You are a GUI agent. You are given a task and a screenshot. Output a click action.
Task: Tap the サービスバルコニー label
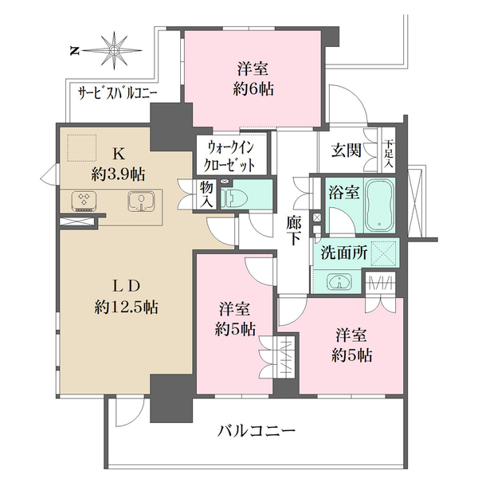(x=117, y=92)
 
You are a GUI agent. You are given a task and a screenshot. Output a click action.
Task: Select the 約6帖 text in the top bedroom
(x=254, y=89)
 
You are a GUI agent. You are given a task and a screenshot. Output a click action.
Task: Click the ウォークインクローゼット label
(x=231, y=155)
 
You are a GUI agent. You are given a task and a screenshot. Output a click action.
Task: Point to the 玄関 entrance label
(x=347, y=151)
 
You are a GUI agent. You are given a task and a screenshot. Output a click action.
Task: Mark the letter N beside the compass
(x=73, y=52)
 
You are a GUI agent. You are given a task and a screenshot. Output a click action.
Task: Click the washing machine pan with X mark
(x=384, y=255)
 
